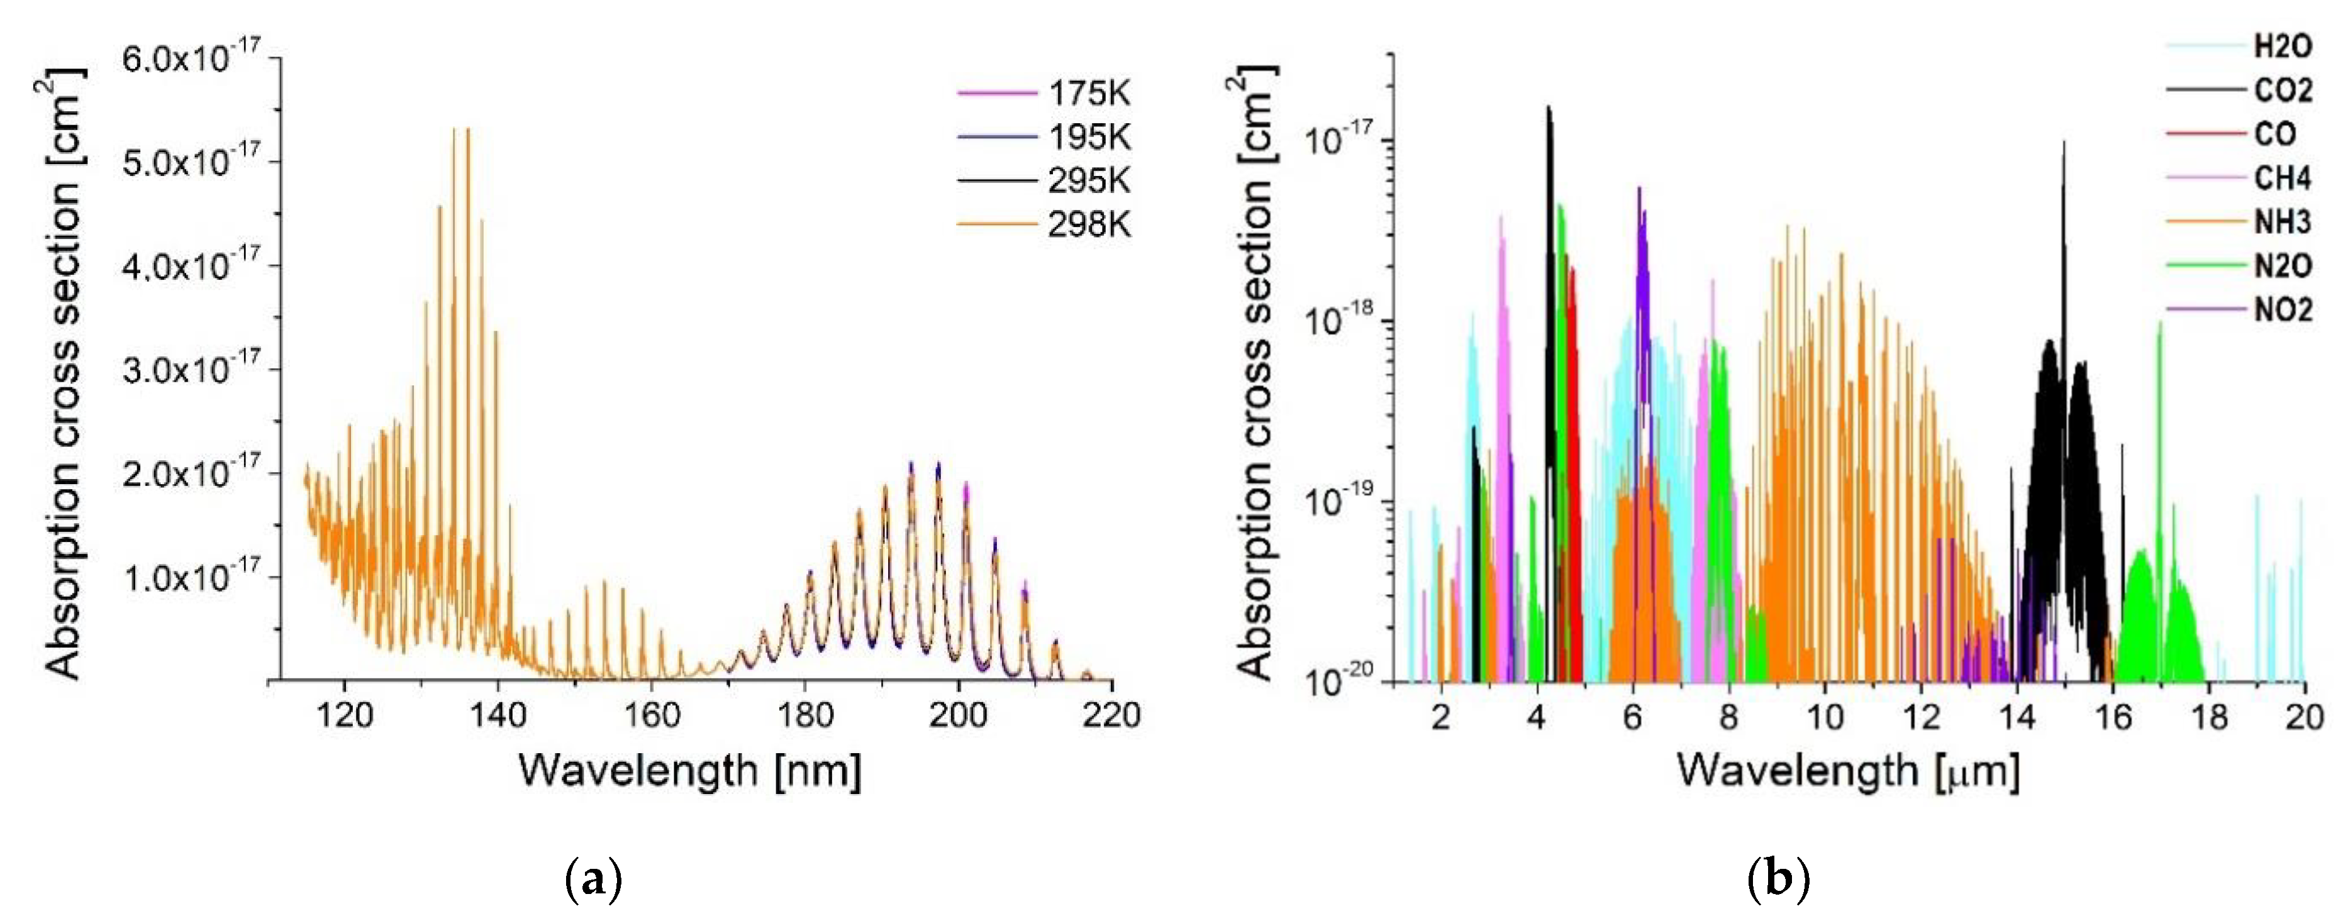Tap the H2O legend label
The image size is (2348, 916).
pos(2283,47)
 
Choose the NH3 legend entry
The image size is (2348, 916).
pos(2283,223)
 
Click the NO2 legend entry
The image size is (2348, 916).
pos(2283,310)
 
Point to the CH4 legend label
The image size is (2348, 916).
pos(2283,179)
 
